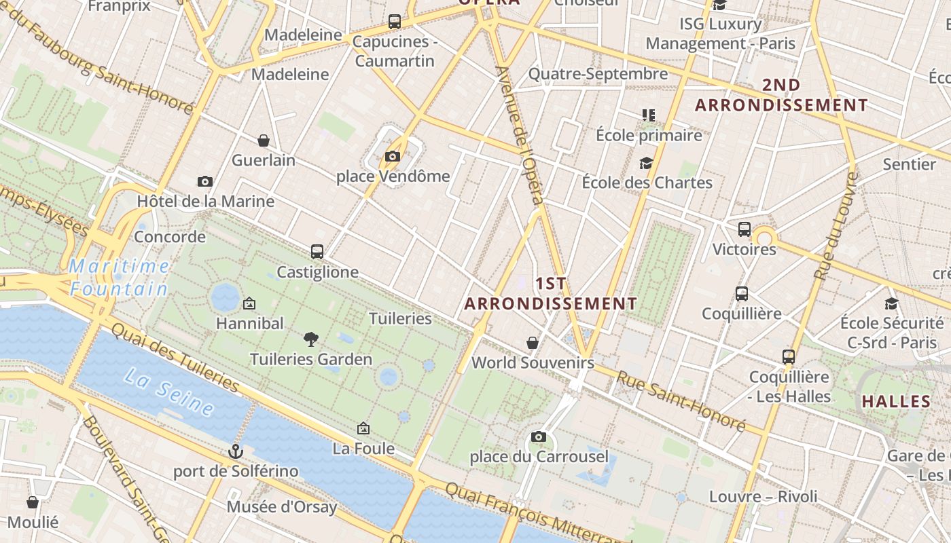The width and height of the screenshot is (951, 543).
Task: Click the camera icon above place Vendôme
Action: click(392, 157)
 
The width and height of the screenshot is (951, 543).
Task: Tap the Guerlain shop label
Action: click(264, 161)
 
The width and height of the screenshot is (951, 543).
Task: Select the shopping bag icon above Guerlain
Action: click(264, 141)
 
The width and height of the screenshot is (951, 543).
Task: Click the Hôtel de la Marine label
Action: click(206, 202)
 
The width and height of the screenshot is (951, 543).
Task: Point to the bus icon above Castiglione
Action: click(317, 252)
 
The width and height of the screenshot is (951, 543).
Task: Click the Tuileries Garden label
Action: click(311, 359)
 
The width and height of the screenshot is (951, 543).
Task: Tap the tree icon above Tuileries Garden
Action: click(311, 339)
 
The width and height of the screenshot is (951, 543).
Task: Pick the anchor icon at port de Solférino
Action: click(235, 451)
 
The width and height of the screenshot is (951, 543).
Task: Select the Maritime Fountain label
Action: click(119, 278)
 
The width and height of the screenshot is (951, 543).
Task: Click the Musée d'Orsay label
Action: click(282, 507)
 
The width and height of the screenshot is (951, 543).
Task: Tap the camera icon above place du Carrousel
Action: click(539, 436)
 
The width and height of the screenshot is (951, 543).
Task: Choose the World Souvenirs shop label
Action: click(533, 362)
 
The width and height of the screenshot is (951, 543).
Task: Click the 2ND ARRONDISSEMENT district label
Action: click(781, 95)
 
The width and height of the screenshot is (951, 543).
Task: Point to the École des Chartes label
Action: click(647, 183)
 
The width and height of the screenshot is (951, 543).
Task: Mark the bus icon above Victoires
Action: click(744, 229)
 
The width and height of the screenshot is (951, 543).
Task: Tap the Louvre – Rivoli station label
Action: click(764, 497)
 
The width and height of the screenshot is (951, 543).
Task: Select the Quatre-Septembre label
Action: click(598, 74)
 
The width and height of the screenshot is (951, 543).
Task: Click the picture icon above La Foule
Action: click(363, 428)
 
